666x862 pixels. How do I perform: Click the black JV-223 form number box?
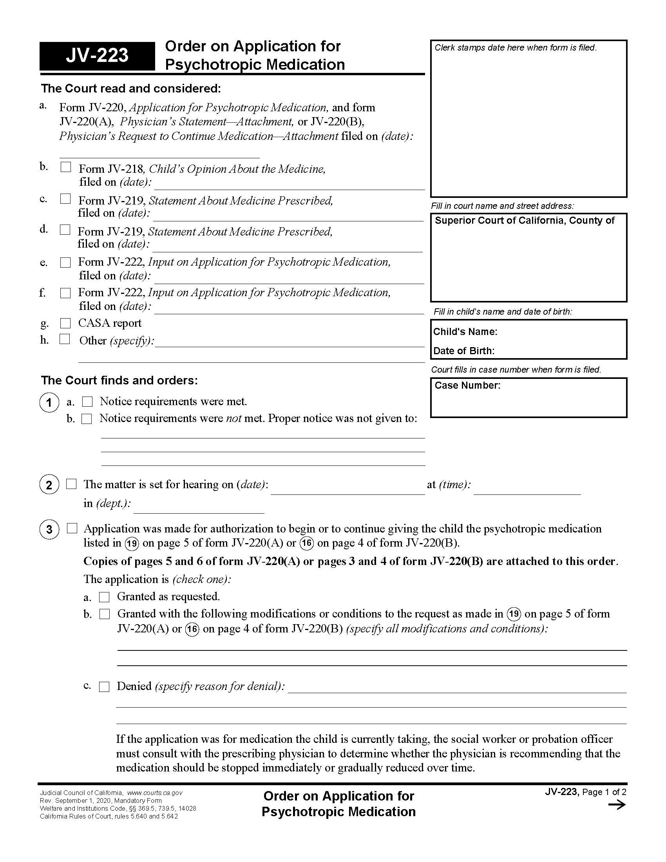tap(97, 56)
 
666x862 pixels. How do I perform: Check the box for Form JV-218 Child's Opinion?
tap(66, 167)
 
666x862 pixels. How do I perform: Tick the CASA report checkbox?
tap(65, 323)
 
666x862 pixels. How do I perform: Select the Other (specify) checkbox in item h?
tap(65, 339)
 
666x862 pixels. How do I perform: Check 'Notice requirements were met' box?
tap(87, 402)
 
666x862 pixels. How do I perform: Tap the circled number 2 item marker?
tap(49, 485)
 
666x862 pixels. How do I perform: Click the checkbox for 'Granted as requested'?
tap(104, 597)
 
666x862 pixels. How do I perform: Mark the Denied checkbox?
tap(104, 687)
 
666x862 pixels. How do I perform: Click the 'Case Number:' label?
tap(467, 385)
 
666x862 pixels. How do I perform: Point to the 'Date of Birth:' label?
tap(463, 351)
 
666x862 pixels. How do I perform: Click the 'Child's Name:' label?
tap(465, 331)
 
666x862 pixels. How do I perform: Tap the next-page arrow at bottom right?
tap(617, 805)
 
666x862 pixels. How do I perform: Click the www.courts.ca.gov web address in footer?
tap(155, 793)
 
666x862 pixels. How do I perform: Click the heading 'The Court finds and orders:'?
tap(119, 380)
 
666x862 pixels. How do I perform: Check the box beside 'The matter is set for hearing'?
tap(71, 484)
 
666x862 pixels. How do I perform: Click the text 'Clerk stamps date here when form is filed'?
tap(515, 48)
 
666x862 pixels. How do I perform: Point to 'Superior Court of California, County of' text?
tap(524, 221)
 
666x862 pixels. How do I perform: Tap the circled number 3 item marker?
tap(49, 529)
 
